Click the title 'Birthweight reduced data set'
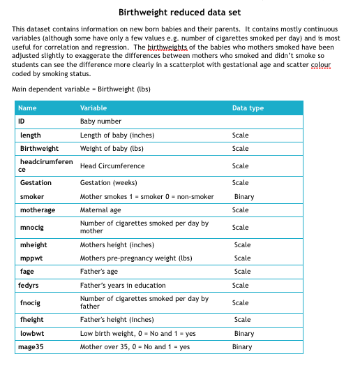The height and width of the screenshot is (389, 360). [179, 13]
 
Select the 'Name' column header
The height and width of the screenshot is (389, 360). [27, 108]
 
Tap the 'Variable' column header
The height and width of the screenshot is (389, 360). [93, 108]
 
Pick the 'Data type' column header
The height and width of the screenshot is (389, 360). [248, 108]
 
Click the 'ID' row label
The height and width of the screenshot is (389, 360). [22, 122]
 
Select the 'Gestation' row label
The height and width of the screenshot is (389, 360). [36, 183]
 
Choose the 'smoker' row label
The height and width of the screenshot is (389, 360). [32, 197]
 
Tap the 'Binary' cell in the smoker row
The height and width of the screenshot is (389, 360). [244, 197]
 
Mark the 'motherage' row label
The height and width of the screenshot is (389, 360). [38, 210]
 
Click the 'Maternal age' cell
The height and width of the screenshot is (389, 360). [100, 210]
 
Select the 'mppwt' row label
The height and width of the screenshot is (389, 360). [31, 258]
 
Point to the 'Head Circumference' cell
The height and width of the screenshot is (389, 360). [112, 166]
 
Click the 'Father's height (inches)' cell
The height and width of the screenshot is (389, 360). [117, 320]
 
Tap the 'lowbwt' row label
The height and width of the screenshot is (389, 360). [32, 333]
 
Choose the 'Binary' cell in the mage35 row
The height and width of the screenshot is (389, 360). [242, 346]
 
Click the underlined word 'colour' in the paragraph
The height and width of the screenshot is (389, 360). [322, 65]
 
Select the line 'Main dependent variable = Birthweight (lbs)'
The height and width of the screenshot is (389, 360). [81, 89]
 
